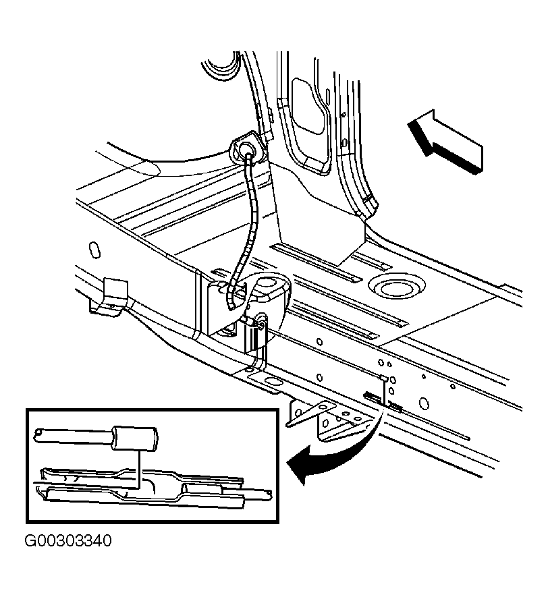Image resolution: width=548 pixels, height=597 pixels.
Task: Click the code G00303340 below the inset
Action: (68, 540)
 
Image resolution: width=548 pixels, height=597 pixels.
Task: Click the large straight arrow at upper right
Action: (445, 142)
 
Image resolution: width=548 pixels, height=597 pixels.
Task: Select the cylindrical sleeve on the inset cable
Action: (134, 438)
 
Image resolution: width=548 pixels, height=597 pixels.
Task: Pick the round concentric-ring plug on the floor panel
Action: (396, 288)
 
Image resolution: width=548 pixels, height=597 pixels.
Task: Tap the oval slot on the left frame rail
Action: (94, 250)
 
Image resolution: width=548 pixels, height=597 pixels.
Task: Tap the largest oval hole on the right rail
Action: (424, 403)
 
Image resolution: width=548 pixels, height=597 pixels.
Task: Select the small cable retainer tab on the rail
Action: (384, 378)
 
